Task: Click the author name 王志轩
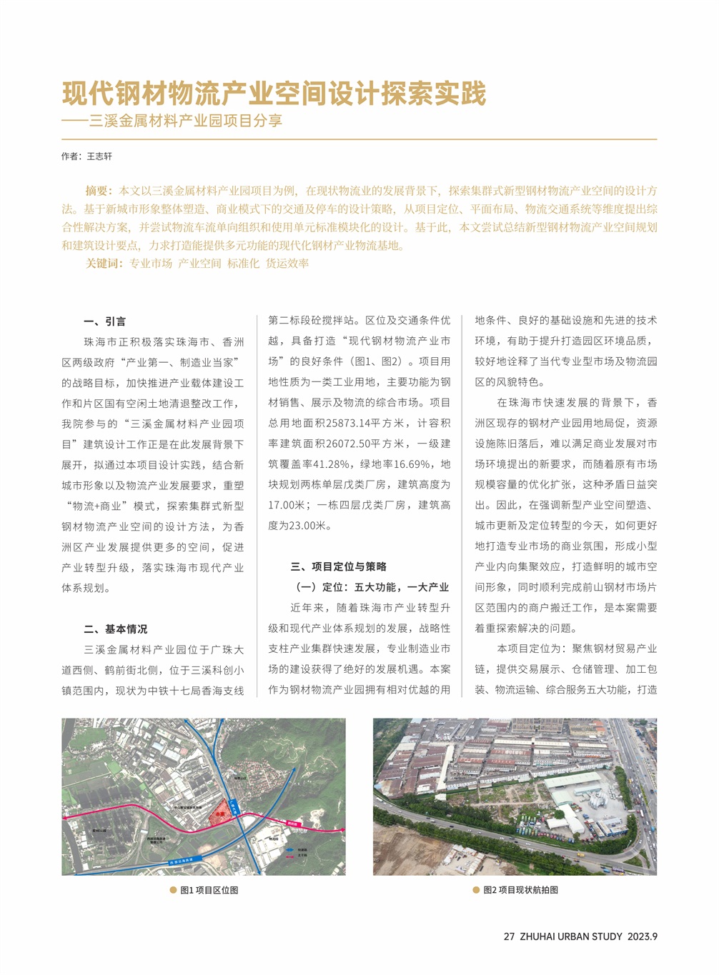tap(99, 156)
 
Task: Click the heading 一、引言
tap(104, 321)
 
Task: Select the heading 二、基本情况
tap(115, 629)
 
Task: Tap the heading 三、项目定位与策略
tap(338, 566)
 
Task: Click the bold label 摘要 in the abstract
tap(97, 191)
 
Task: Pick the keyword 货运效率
tap(287, 264)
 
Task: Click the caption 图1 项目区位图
tap(209, 890)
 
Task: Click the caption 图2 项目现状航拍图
tap(520, 890)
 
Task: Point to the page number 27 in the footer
tap(509, 936)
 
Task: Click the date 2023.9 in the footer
tap(643, 936)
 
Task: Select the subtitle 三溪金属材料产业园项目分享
tap(186, 121)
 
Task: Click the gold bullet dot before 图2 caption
tap(476, 890)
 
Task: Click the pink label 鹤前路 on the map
tap(292, 824)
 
